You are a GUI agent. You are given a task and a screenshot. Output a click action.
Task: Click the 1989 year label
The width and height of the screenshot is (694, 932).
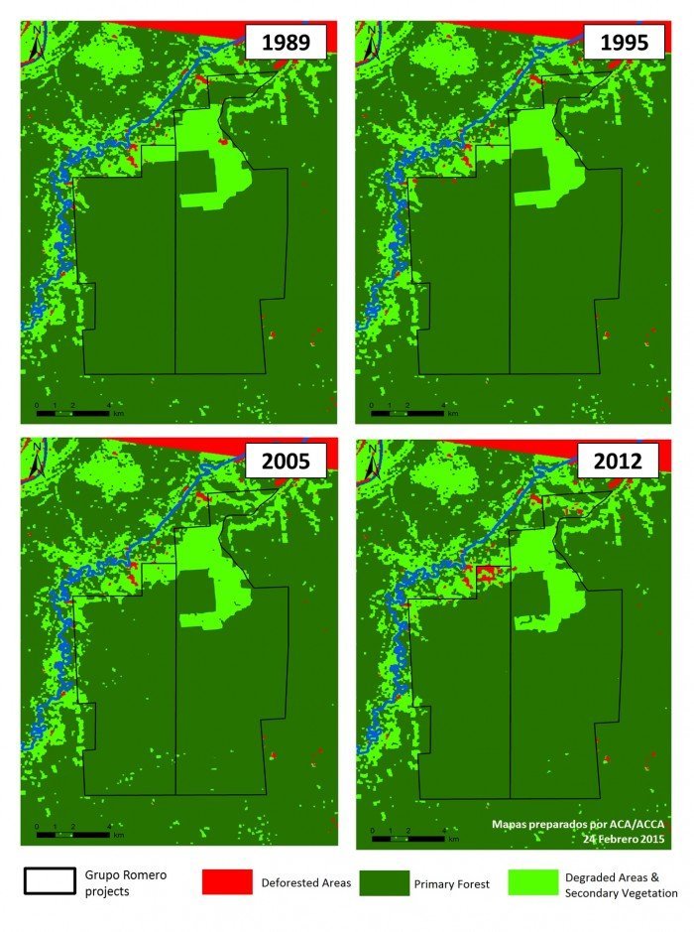[287, 45]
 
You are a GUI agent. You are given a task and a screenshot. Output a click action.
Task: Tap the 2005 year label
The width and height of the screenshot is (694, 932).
[287, 461]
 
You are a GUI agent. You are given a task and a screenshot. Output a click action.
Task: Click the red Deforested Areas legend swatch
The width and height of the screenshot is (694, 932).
[227, 882]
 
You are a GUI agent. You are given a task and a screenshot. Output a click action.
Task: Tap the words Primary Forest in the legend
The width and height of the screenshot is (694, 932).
[451, 883]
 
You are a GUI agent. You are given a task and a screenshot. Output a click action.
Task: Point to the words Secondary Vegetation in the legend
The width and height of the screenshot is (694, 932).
[621, 893]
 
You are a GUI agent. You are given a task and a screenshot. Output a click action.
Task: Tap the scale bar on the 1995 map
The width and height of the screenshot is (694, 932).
[405, 411]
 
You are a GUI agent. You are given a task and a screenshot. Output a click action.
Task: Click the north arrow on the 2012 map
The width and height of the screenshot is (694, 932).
[371, 461]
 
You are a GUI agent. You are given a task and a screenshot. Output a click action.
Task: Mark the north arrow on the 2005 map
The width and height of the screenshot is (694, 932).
[36, 461]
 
